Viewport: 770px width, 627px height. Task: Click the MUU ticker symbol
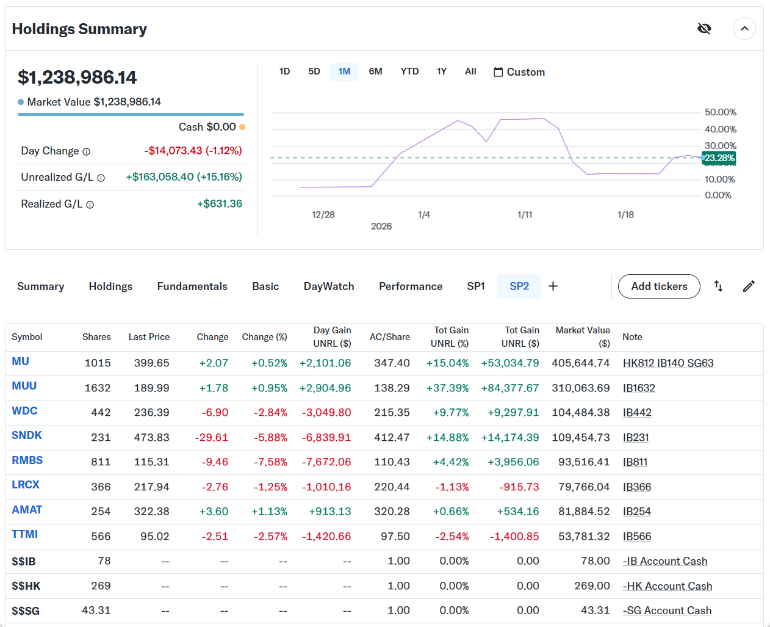24,386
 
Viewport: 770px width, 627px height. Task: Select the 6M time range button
375,71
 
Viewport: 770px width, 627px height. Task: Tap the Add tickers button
659,286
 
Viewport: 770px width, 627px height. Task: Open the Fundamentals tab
192,286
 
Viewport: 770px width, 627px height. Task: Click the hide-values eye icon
704,29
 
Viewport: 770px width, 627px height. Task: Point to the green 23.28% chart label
719,158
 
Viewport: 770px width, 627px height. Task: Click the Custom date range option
519,72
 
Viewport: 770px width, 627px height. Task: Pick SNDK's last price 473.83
151,438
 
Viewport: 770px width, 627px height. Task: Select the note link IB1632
639,388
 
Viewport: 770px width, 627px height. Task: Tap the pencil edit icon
749,286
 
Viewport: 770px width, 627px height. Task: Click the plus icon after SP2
553,286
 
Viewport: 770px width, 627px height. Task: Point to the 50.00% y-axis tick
720,112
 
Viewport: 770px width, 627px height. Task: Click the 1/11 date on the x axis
525,215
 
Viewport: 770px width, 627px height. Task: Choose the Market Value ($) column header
583,336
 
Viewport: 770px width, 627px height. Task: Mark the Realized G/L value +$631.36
220,204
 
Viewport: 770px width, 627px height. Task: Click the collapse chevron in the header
744,29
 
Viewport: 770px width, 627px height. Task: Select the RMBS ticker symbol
27,460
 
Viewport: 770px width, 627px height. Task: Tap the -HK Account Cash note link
667,586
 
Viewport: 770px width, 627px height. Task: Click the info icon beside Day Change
87,151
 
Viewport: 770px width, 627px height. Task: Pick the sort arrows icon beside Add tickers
718,286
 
